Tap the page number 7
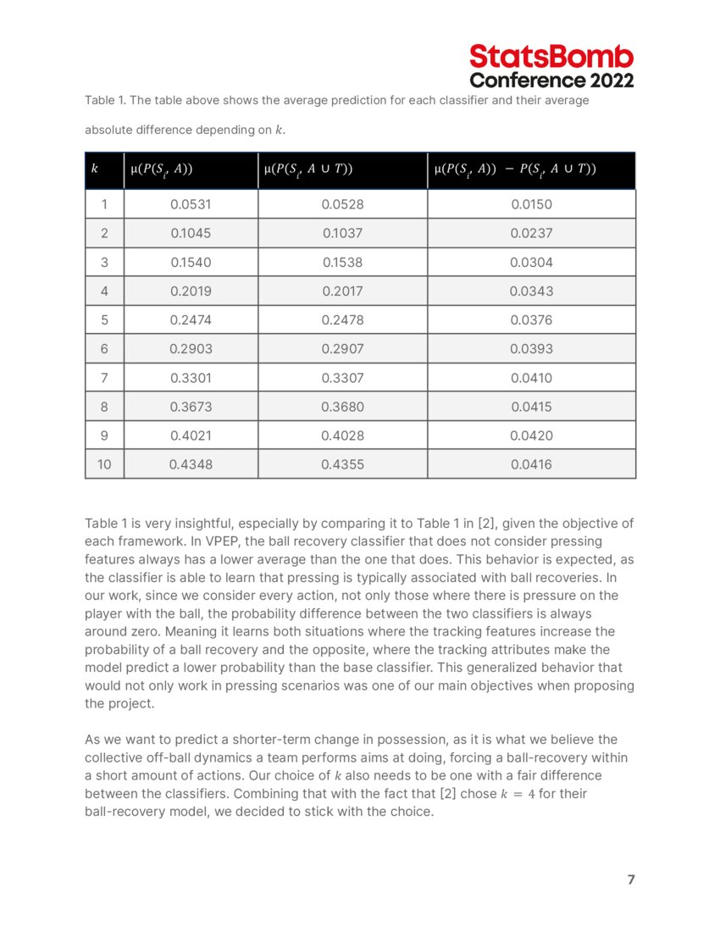click(630, 879)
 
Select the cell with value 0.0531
click(191, 204)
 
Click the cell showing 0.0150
click(531, 204)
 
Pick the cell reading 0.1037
click(342, 233)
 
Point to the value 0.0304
click(531, 263)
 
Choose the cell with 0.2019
click(191, 291)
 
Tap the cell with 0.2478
click(342, 320)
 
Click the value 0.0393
click(531, 349)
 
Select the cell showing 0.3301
click(191, 378)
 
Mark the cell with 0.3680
click(342, 407)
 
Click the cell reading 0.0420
click(531, 435)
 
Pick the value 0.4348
click(191, 464)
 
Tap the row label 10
click(104, 464)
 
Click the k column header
click(94, 169)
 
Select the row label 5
click(104, 320)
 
